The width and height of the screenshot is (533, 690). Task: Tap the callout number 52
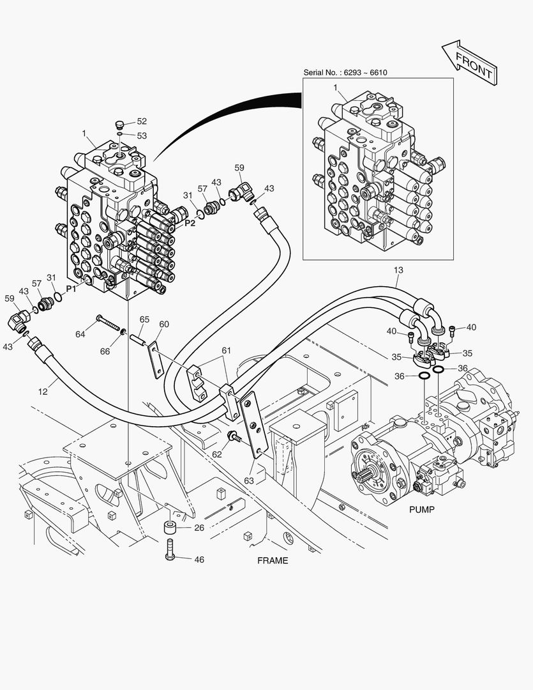[x=141, y=121]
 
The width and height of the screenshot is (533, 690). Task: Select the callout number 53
[x=141, y=135]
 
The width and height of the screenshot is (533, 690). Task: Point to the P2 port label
[x=190, y=224]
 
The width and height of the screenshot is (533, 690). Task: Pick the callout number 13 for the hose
[x=398, y=270]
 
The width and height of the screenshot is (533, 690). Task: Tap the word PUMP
[x=421, y=509]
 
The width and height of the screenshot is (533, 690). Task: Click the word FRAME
[x=273, y=561]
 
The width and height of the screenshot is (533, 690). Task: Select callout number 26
[x=199, y=528]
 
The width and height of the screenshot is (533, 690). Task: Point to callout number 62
[x=217, y=454]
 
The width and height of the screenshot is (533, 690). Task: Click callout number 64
[x=80, y=333]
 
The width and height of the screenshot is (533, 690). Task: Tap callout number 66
[x=105, y=351]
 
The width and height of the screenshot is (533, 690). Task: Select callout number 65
[x=144, y=319]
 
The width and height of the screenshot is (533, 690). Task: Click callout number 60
[x=163, y=325]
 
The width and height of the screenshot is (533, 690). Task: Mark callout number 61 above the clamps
[x=226, y=350]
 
